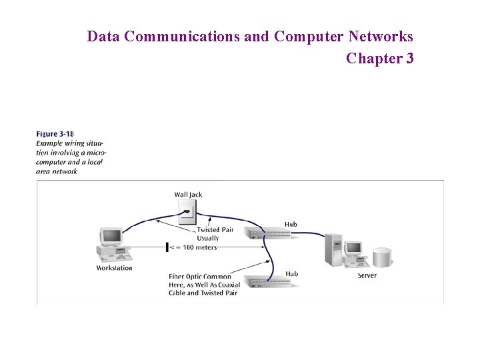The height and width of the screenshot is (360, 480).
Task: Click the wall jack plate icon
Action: [189, 212]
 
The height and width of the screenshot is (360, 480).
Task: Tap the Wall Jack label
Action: [188, 195]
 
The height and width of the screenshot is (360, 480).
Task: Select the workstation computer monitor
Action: [111, 236]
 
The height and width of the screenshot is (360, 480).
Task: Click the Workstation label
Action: [114, 268]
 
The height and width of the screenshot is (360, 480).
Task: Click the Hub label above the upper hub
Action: [291, 224]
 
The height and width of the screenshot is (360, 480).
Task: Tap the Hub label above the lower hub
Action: [291, 273]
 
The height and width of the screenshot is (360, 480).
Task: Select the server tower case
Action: [332, 250]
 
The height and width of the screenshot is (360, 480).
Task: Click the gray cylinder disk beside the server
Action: [382, 258]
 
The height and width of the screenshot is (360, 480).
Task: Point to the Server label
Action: [367, 275]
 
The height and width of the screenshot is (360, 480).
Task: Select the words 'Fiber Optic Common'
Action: [200, 277]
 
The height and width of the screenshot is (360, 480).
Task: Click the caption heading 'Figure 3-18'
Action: [55, 134]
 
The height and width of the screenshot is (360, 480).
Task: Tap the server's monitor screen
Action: [353, 248]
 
